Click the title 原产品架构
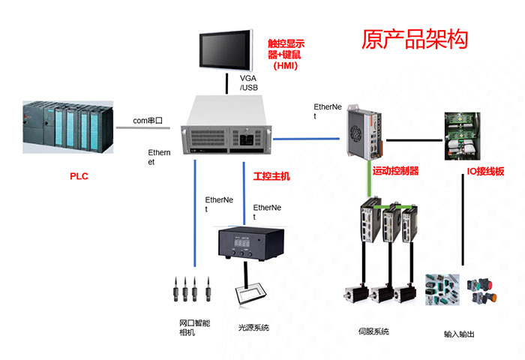(415, 39)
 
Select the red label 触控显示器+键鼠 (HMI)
(286, 54)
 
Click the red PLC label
(79, 177)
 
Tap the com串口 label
(148, 120)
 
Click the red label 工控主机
(271, 176)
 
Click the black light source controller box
(246, 244)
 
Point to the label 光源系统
(253, 328)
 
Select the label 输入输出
(459, 334)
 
